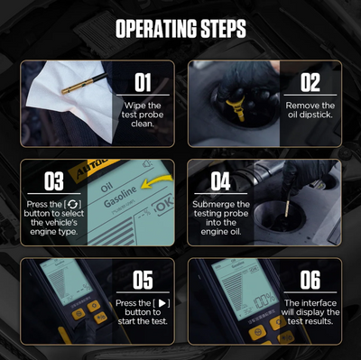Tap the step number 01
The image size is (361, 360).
143,83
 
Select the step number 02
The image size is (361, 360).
310,83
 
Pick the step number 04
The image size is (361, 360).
221,180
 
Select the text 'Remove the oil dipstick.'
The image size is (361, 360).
310,110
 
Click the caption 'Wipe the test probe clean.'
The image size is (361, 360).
143,116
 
